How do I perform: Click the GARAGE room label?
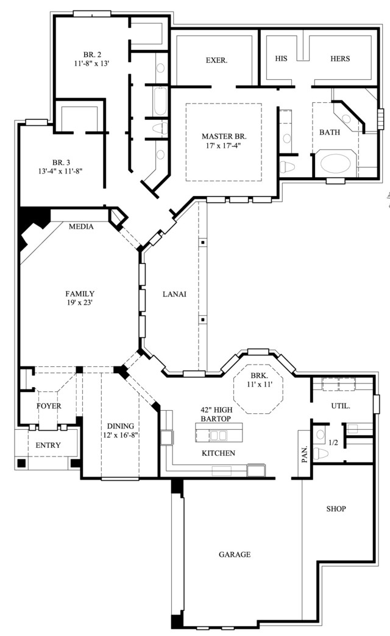(235, 554)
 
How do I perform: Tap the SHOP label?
(336, 509)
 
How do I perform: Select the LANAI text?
(174, 294)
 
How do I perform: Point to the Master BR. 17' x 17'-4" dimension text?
(224, 145)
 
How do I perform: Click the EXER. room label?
(216, 60)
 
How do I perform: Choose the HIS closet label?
(281, 59)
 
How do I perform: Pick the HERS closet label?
(340, 59)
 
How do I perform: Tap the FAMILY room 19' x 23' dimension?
(80, 302)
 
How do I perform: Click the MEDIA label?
(81, 227)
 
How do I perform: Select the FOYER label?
(49, 406)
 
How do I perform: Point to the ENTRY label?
(48, 446)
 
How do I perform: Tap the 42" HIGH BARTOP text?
(216, 414)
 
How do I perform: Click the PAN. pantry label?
(305, 454)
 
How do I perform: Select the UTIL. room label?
(341, 405)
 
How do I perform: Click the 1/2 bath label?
(333, 442)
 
